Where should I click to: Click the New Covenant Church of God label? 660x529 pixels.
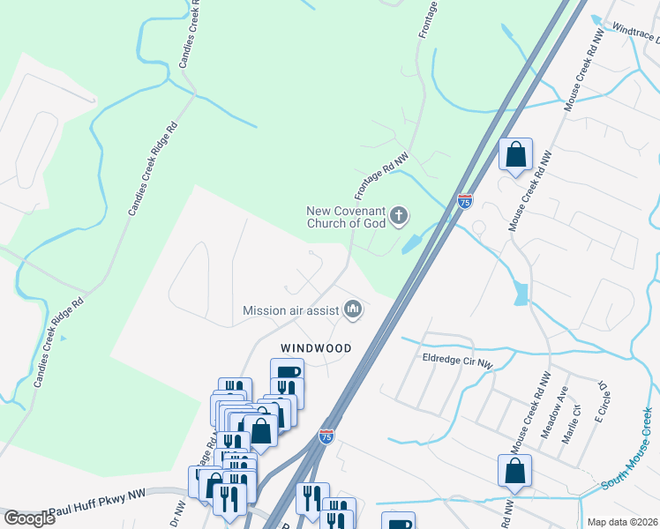tap(347, 217)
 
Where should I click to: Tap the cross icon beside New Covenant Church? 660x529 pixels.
tap(400, 214)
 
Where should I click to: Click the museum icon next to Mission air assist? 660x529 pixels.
tap(353, 309)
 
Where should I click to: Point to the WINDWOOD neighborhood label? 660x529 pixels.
tap(316, 348)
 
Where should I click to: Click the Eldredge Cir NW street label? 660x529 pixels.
tap(457, 361)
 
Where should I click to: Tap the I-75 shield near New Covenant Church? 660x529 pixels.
tap(464, 201)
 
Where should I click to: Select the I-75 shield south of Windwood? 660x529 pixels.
tap(326, 436)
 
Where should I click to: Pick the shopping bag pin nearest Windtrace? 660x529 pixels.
tap(515, 154)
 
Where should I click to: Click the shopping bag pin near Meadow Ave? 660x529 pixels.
tap(514, 472)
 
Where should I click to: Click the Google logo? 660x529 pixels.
tap(29, 518)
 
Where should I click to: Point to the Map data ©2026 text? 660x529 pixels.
tap(622, 522)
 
